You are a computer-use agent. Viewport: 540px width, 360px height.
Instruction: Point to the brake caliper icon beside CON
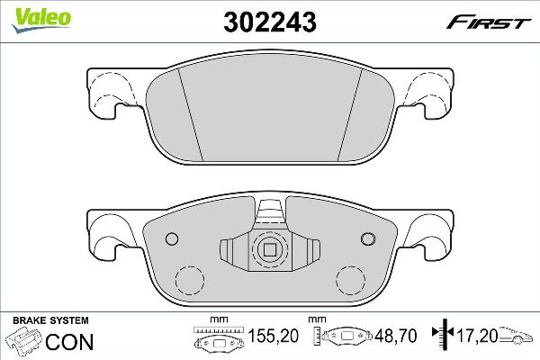(x=23, y=342)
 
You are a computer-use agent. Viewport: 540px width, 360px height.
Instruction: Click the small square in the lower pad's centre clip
(x=268, y=250)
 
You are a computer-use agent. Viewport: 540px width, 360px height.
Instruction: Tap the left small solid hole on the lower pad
(x=172, y=238)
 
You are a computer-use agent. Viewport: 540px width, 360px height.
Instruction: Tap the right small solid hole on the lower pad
(x=366, y=238)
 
